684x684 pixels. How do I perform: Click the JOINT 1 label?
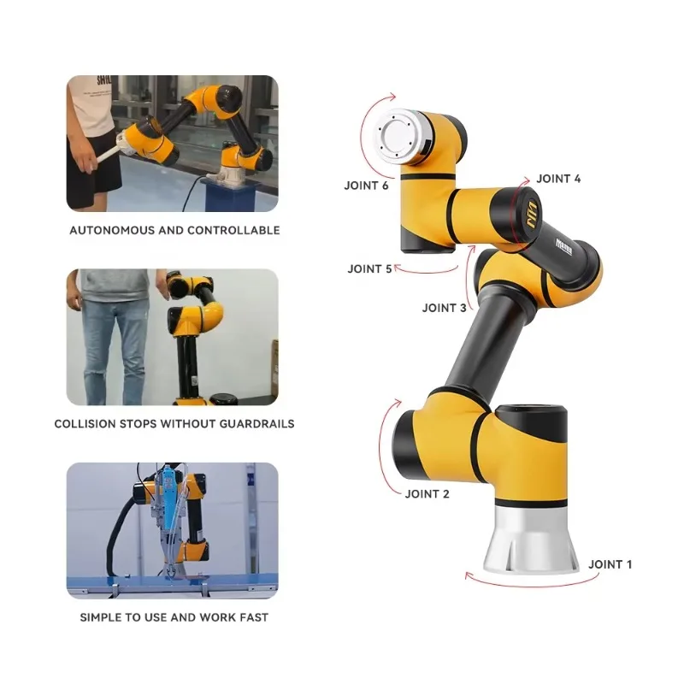tap(610, 564)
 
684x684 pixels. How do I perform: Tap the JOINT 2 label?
tap(427, 493)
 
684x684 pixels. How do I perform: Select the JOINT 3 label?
tap(445, 308)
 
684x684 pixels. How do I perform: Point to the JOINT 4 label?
tap(559, 179)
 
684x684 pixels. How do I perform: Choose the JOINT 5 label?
tap(370, 268)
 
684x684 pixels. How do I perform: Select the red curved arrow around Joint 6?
tap(365, 128)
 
